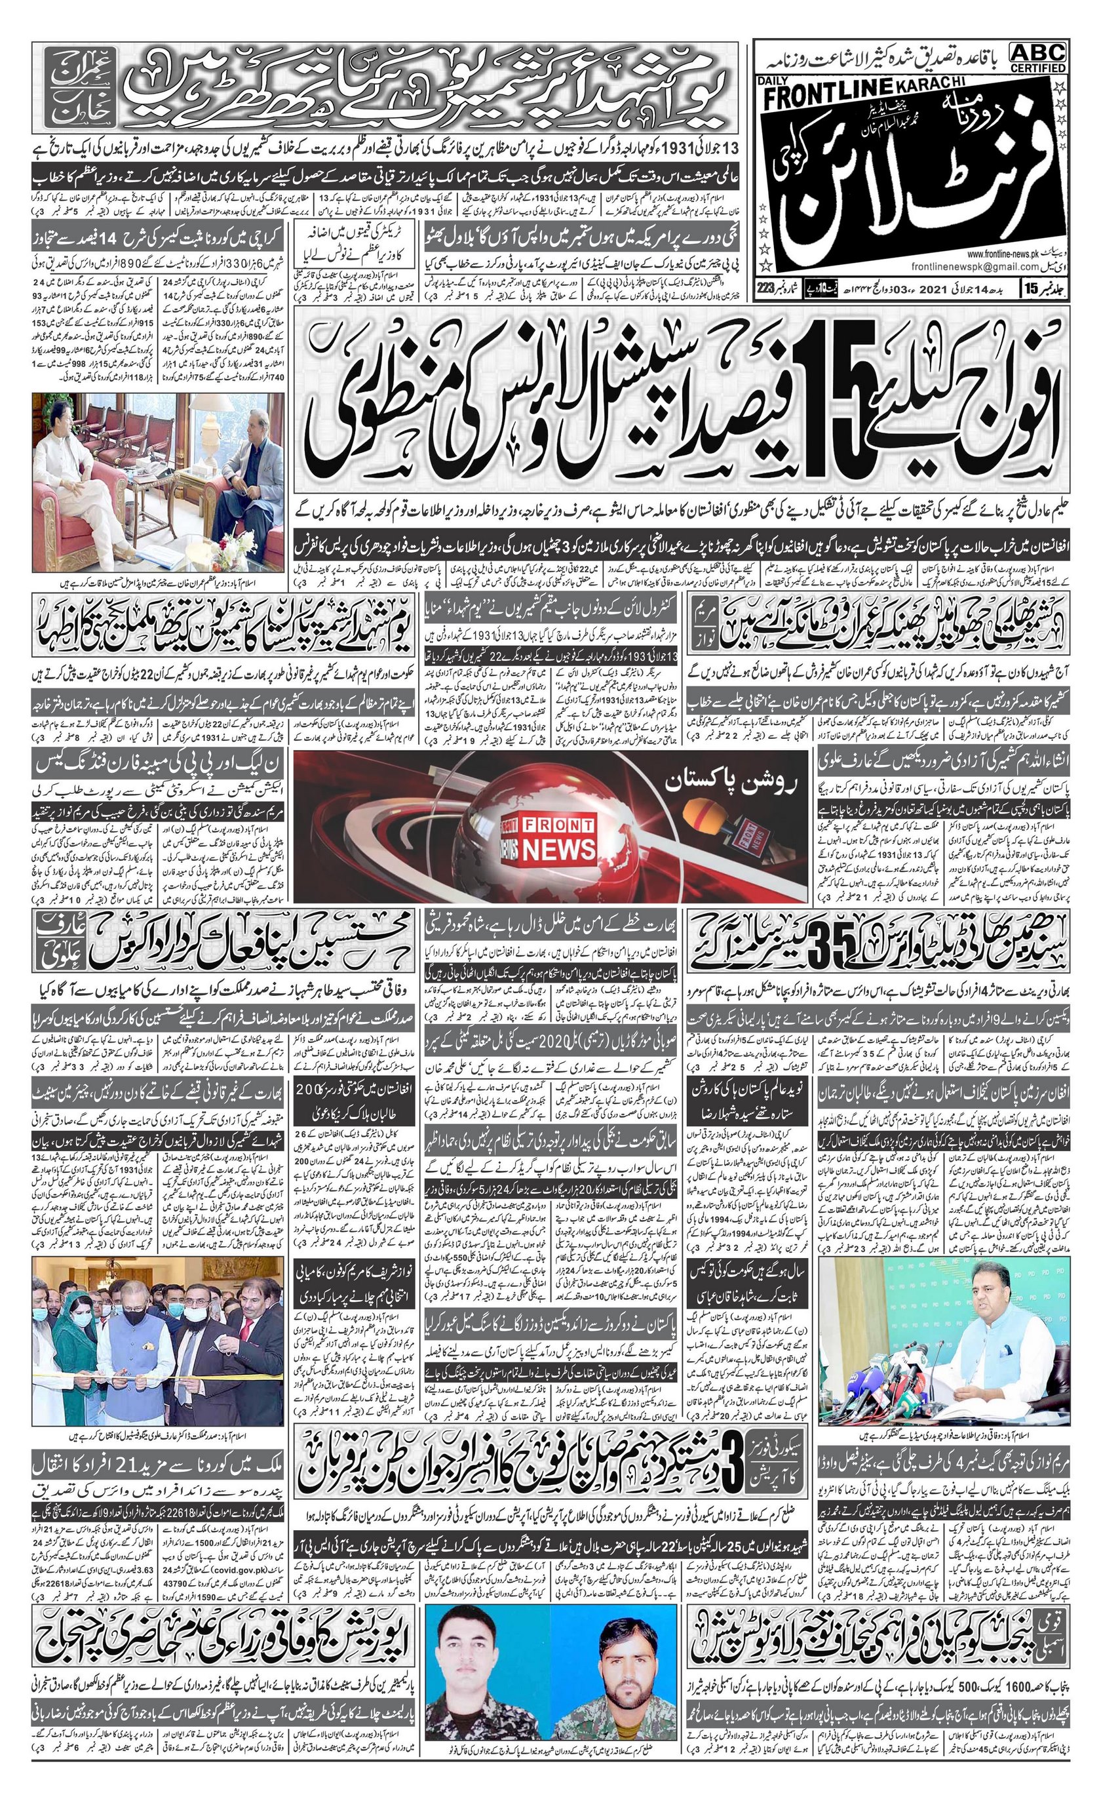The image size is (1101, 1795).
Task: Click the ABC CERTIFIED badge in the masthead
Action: pos(1037,57)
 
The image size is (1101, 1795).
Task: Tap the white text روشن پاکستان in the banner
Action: pos(735,784)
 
